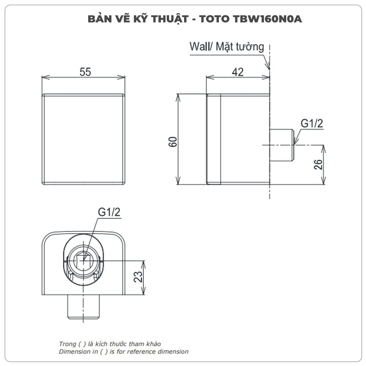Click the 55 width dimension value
tap(85, 72)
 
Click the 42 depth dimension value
tap(238, 72)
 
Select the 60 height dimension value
tap(173, 141)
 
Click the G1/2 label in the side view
tap(312, 124)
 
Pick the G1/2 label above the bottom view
tap(109, 212)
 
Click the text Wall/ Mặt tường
tap(227, 47)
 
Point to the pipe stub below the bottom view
tap(83, 306)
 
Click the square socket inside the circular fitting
tap(83, 260)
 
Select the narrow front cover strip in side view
tap(214, 139)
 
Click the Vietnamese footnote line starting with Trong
tap(110, 344)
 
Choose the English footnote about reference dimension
tap(124, 352)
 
